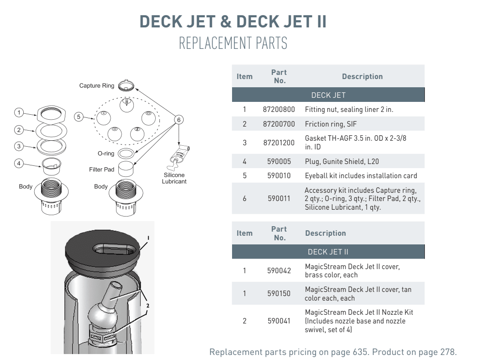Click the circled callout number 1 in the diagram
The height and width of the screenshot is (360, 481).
18,112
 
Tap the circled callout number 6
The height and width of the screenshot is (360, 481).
179,120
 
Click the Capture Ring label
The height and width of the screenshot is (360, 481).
96,86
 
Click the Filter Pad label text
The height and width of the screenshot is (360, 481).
101,169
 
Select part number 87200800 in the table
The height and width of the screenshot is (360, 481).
279,110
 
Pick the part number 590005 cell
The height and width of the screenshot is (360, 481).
279,162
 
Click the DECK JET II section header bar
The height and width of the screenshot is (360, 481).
328,252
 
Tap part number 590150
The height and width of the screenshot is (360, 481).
279,294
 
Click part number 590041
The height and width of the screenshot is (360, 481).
279,321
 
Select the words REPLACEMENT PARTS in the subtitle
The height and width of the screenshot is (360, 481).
233,43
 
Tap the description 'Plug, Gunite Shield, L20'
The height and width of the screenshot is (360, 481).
342,162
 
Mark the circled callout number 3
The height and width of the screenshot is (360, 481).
18,147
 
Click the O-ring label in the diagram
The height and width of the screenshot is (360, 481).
106,154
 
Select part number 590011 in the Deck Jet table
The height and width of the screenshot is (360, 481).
279,199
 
